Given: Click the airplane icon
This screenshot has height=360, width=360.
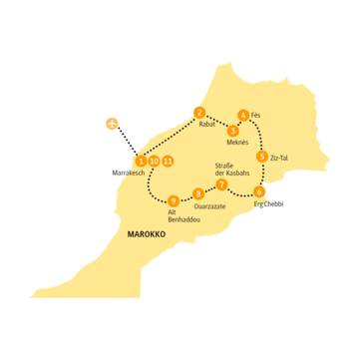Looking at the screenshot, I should pos(113,124).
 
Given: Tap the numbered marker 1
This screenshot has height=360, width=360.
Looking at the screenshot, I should pos(141,161).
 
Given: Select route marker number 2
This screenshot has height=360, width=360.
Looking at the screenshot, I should pos(199,112).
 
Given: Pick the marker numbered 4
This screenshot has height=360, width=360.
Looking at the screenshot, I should pos(243,114).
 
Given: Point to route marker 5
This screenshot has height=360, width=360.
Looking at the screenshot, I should pos(261,157).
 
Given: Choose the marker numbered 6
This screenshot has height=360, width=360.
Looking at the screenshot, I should pos(260,190).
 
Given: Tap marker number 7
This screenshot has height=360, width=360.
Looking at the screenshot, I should pos(221,184).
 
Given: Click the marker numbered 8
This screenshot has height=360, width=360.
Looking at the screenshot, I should pos(198,193).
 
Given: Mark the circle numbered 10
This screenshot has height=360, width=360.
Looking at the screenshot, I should pos(155,161).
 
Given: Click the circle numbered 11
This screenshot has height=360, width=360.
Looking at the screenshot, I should pos(169,161).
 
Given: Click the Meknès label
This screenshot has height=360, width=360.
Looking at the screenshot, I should pos(236,143).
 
